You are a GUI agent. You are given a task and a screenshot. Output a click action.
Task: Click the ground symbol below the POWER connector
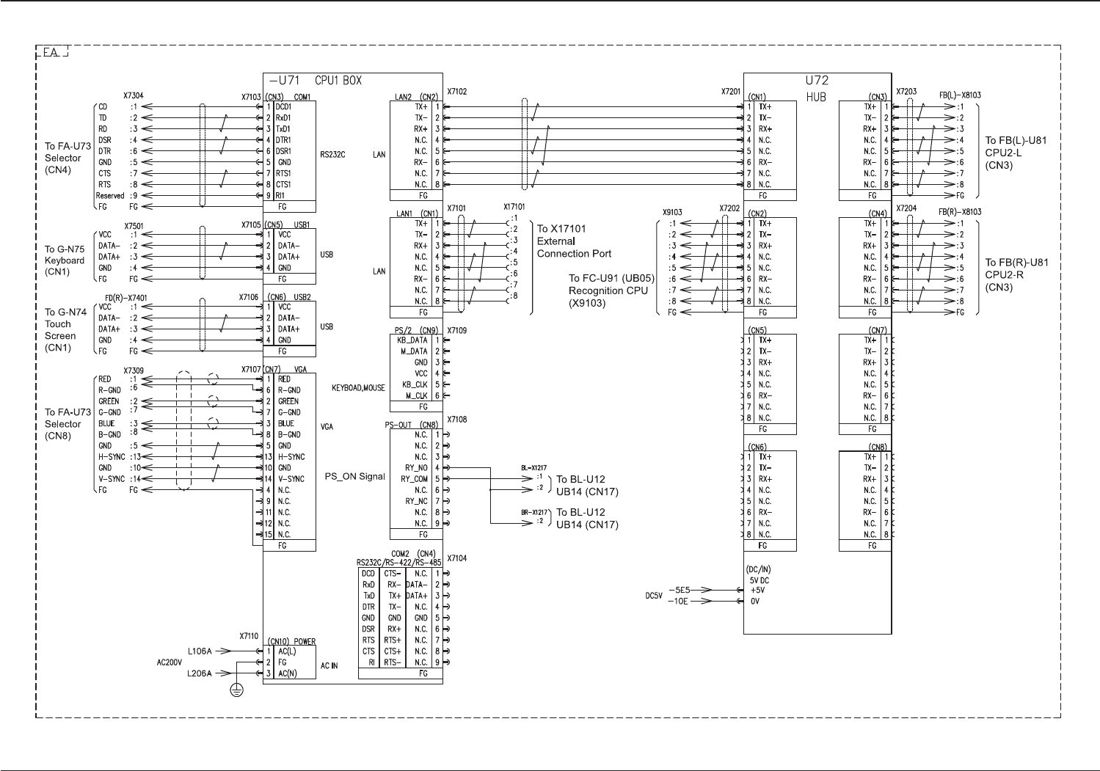pos(237,690)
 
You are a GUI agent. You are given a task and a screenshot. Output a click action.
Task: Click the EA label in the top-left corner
pos(51,53)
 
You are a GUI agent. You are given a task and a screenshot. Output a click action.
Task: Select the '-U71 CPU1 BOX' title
pos(316,81)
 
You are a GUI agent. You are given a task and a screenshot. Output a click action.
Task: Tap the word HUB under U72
pos(816,97)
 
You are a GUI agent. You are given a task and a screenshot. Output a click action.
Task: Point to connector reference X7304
pos(134,95)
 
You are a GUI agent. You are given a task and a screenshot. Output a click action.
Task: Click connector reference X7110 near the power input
pos(249,636)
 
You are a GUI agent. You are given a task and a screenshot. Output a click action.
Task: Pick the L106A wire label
pos(200,651)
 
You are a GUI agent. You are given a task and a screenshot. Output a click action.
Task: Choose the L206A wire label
pos(200,673)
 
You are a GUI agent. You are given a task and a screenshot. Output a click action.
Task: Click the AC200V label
pos(170,662)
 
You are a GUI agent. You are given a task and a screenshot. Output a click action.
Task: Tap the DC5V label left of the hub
pos(654,596)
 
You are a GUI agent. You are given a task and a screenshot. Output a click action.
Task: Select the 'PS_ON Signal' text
pos(354,477)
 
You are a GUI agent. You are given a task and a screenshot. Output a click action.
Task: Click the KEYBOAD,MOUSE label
pos(359,388)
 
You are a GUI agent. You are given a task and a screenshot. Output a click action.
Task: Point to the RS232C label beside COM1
pos(332,155)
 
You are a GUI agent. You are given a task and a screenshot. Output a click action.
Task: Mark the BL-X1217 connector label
pos(533,468)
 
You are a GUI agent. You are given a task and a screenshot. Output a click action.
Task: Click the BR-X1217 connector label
pos(533,512)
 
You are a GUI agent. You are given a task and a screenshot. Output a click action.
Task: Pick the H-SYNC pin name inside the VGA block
pos(291,457)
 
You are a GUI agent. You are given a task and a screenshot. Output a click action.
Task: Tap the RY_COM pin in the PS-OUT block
pos(414,479)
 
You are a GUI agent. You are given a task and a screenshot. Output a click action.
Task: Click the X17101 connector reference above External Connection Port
pos(514,207)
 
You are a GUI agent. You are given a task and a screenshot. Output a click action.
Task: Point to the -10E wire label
pos(678,602)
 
